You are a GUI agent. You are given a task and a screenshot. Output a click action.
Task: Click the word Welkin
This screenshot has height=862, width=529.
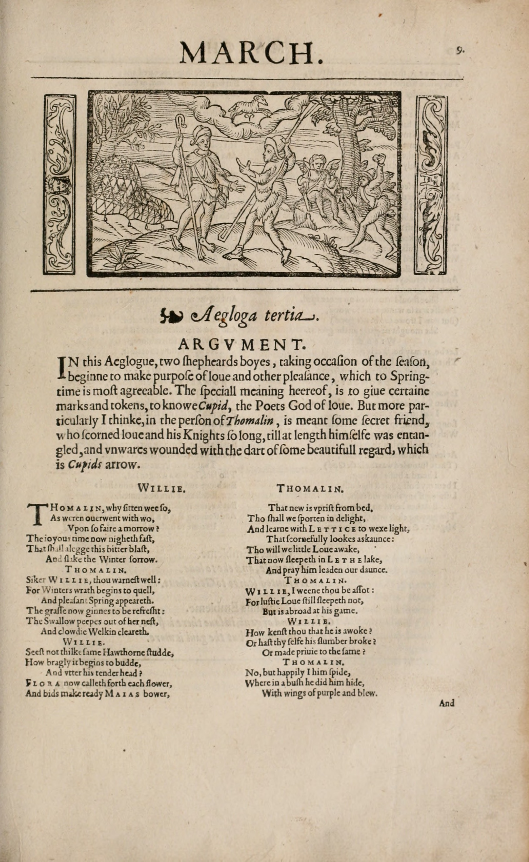pos(98,632)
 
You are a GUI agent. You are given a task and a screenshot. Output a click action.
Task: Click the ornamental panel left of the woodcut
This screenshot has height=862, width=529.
pos(59,184)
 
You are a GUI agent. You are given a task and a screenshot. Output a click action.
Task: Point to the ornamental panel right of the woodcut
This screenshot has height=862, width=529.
pos(431,184)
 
